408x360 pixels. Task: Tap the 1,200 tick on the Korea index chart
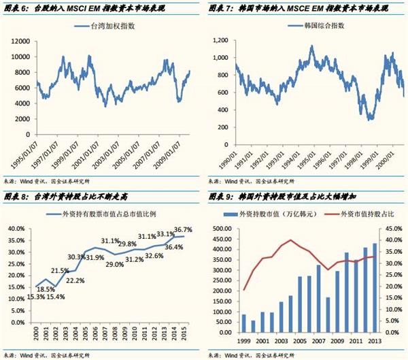(x=224, y=41)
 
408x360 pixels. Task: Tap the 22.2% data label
(x=75, y=280)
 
